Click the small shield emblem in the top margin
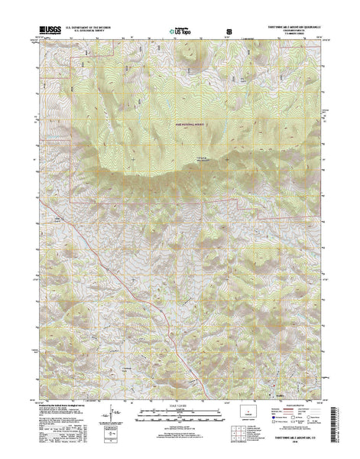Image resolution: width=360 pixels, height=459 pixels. pyautogui.click(x=229, y=31)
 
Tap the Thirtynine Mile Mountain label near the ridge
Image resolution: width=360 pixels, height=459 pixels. pyautogui.click(x=197, y=159)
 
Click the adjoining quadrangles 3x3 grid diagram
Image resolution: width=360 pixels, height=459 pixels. pyautogui.click(x=248, y=437)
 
